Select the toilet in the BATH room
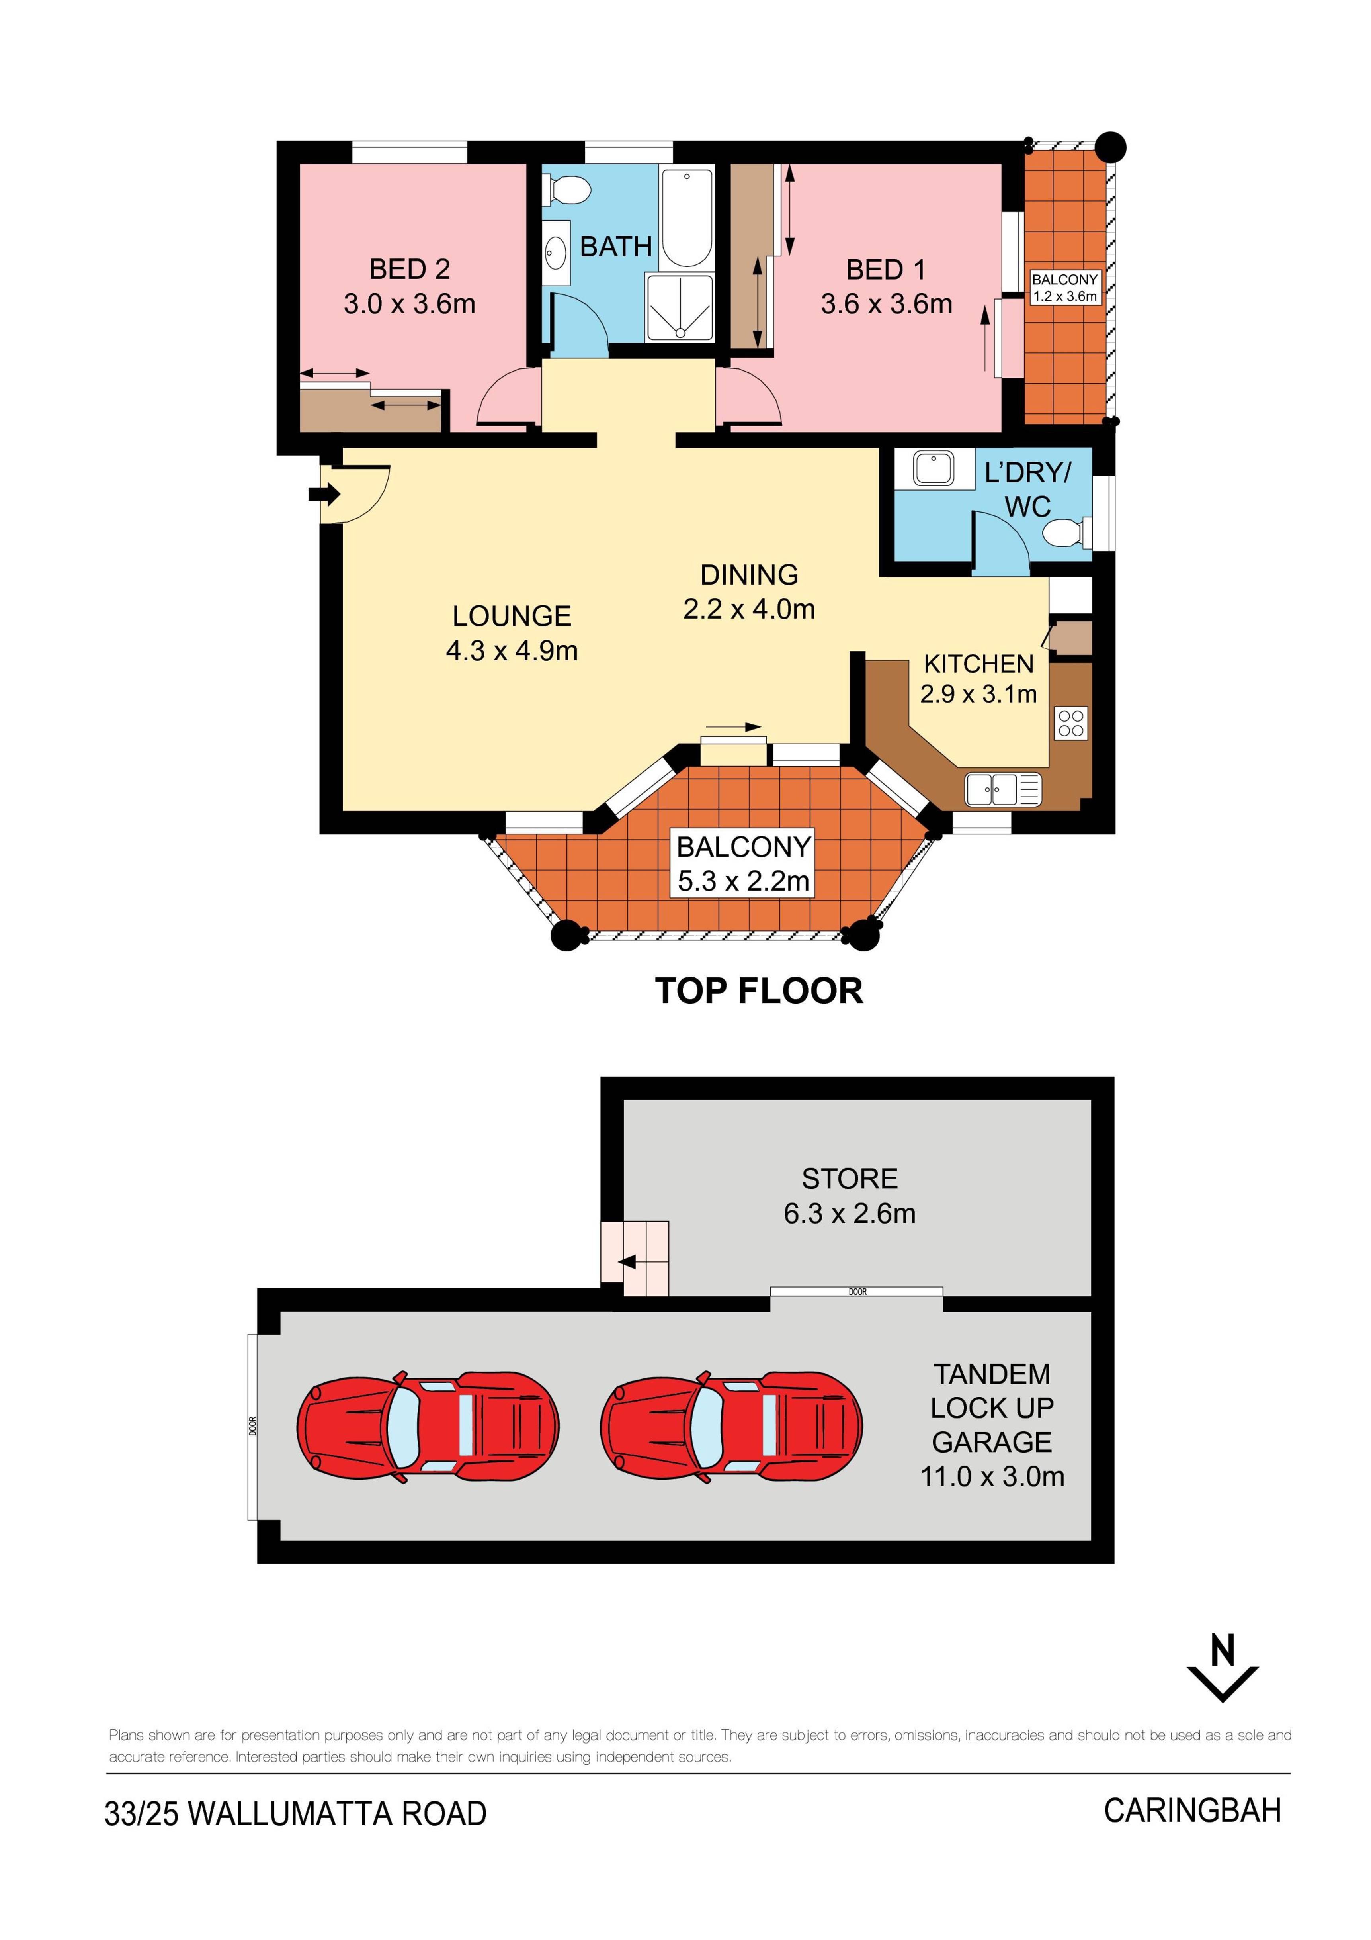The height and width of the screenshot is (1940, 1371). coord(567,189)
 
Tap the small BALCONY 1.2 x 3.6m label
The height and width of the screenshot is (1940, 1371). coord(1064,287)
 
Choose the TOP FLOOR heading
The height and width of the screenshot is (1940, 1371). coord(759,991)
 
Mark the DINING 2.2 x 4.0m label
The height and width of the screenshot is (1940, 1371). coord(749,591)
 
